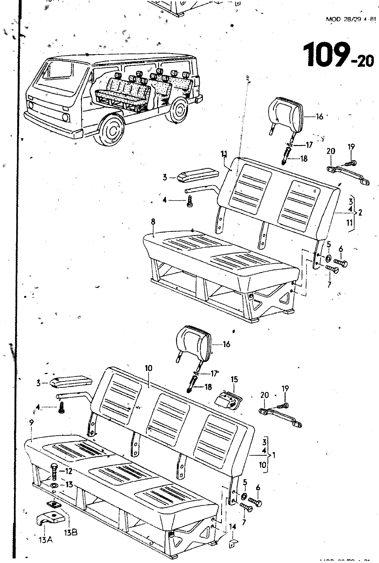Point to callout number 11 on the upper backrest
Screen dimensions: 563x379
tap(224, 153)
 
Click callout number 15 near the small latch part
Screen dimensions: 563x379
tap(234, 379)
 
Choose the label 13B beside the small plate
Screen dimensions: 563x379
tap(71, 532)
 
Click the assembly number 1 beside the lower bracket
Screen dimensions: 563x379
tap(274, 455)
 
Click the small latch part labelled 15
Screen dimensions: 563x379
tap(228, 400)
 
